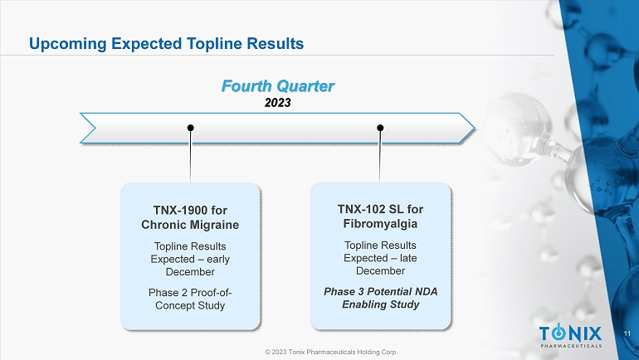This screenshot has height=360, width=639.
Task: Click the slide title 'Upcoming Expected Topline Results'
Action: (x=166, y=44)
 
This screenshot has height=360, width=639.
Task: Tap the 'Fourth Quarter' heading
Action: (x=278, y=86)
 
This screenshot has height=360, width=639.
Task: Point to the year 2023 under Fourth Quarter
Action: (x=277, y=103)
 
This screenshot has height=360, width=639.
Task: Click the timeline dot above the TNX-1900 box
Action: (x=190, y=128)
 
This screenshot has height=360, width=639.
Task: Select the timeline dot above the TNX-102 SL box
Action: (x=380, y=128)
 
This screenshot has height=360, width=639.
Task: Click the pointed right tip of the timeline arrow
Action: (x=474, y=128)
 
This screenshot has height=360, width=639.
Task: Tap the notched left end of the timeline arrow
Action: (x=95, y=129)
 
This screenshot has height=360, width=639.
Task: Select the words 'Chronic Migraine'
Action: (x=190, y=225)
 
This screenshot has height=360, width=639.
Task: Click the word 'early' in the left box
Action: (x=218, y=260)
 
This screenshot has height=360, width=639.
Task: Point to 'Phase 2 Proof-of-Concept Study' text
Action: (x=190, y=299)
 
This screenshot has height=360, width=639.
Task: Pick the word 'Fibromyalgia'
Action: (x=380, y=224)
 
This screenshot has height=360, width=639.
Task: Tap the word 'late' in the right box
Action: (x=408, y=258)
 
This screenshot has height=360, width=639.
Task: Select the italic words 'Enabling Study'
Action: (x=381, y=304)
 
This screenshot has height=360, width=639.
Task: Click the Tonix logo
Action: (x=571, y=336)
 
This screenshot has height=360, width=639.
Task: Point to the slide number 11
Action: (x=627, y=333)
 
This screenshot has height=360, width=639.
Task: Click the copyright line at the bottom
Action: (x=331, y=352)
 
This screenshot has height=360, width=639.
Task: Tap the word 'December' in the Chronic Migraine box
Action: (x=190, y=272)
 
